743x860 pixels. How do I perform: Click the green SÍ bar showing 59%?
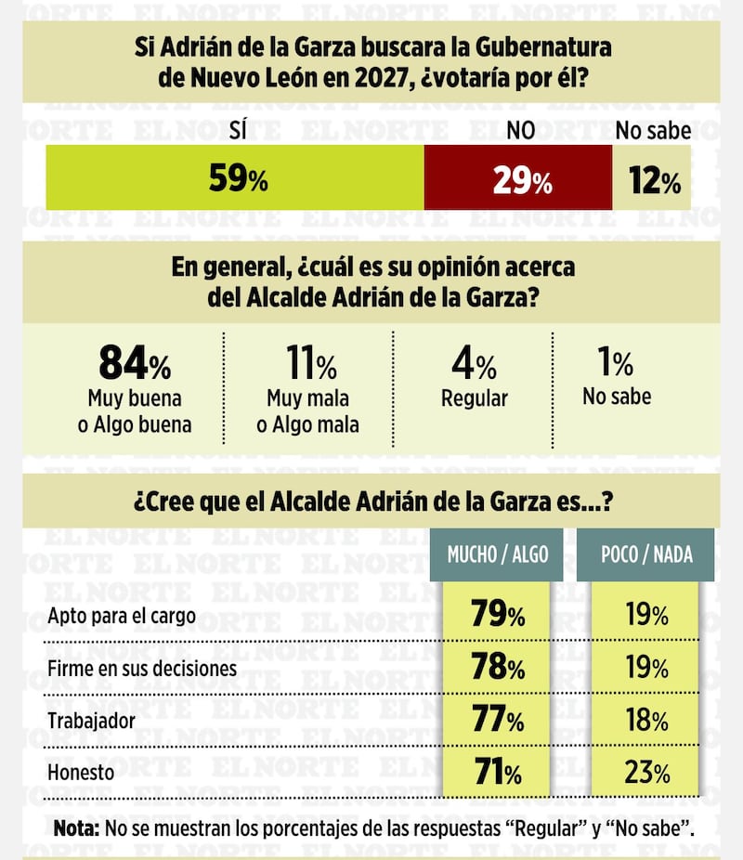coord(235,177)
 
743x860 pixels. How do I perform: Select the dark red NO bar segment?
coord(518,177)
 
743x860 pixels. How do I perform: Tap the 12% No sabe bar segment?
coord(652,177)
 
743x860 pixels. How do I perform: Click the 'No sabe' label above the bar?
coord(653,131)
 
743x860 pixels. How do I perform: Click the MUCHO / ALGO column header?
coord(498,554)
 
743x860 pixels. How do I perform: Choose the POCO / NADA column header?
coord(645,554)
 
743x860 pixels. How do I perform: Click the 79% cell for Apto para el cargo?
coord(498,615)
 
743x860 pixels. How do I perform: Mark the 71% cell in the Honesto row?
coord(498,772)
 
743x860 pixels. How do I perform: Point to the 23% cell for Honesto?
coord(646,772)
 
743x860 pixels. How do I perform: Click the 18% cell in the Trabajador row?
coord(646,720)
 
